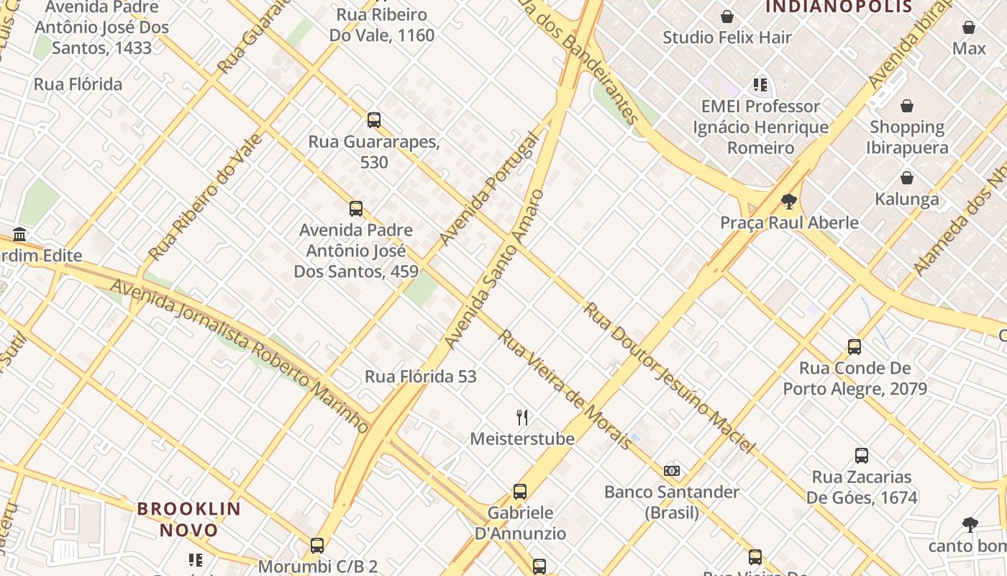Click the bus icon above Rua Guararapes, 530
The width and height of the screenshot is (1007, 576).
[373, 120]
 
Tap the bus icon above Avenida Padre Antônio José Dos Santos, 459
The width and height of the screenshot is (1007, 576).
[355, 209]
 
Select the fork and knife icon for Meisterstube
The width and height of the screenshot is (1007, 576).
[523, 417]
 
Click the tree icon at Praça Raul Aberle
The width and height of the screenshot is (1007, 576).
[789, 201]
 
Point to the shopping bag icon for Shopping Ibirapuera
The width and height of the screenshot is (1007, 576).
[907, 106]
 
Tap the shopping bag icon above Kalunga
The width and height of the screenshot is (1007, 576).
[907, 178]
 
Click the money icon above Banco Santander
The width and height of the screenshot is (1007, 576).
[672, 471]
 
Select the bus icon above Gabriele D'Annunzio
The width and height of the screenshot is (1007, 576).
[520, 492]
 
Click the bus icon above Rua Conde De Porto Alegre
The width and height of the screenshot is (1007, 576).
[855, 347]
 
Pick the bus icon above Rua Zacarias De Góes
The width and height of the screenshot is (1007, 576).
[862, 456]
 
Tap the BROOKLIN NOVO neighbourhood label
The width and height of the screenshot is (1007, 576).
[189, 519]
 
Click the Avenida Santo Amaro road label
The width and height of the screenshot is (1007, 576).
[495, 269]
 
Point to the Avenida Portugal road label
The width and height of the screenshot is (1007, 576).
[489, 189]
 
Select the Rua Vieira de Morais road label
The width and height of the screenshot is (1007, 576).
[565, 390]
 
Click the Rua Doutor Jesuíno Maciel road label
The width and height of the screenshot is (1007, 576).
[669, 378]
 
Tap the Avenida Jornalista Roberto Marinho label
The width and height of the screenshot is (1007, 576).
[240, 356]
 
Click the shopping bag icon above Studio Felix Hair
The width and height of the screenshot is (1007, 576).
[727, 17]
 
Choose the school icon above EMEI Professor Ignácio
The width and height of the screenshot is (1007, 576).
[760, 85]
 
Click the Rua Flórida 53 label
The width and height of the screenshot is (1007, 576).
[421, 376]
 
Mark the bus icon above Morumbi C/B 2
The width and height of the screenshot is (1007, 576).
[317, 546]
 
